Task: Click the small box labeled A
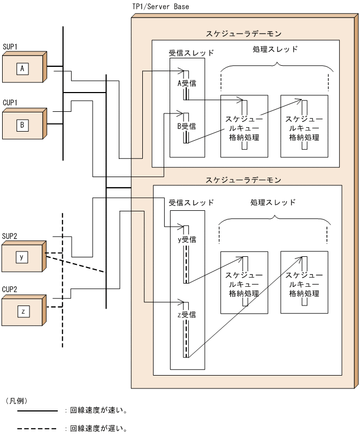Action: (x=22, y=69)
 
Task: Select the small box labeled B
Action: (x=22, y=125)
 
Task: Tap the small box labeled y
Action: (x=22, y=257)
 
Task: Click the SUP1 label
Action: (x=10, y=47)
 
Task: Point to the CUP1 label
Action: (x=10, y=102)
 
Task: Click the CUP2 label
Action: (x=10, y=289)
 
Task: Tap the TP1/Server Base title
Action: (x=160, y=6)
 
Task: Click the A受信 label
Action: (x=187, y=83)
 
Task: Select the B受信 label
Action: (x=187, y=127)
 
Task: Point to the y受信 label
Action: (x=187, y=239)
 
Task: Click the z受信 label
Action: (x=187, y=315)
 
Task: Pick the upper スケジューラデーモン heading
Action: (x=243, y=34)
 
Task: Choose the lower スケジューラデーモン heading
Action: (x=243, y=180)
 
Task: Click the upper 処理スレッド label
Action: (x=275, y=49)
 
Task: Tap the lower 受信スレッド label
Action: (x=191, y=203)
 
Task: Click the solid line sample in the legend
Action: (x=37, y=411)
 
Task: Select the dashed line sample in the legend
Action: (x=37, y=429)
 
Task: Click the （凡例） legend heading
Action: (x=17, y=400)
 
